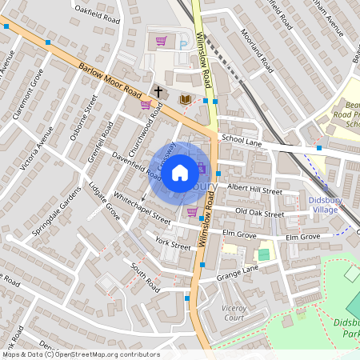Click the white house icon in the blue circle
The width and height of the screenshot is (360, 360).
coord(180,172)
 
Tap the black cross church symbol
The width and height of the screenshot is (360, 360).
coord(158,92)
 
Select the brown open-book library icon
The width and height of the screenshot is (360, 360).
coord(186,98)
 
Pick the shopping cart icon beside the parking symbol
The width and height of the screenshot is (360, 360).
coord(162,41)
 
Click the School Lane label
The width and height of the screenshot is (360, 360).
coord(242,138)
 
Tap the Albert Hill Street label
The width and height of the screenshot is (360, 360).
coord(255,190)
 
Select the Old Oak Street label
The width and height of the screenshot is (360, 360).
coord(259,214)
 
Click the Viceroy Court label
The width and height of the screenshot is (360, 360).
coord(232,312)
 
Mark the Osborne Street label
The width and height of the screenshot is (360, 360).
coord(83,118)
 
